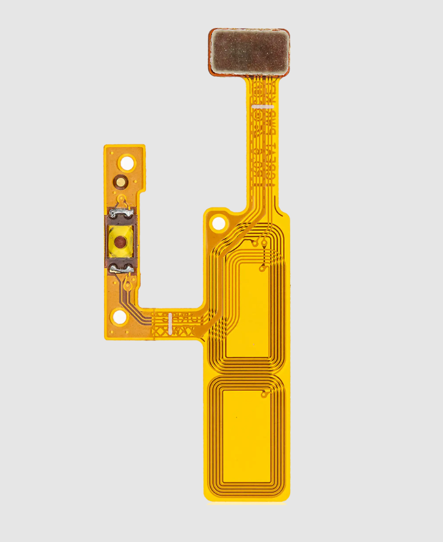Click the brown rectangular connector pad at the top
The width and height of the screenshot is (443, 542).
point(249,52)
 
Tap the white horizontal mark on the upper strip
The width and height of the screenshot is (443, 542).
point(264,107)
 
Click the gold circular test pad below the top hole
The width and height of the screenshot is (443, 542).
point(120,181)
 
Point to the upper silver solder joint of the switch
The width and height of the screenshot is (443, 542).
point(122,213)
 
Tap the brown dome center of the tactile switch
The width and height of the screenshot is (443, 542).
point(119,242)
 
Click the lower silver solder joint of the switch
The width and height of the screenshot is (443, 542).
point(121,268)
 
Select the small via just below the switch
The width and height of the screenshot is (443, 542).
point(124,286)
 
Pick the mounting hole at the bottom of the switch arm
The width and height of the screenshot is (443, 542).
point(120,317)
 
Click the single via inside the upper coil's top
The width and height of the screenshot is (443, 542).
point(262,268)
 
